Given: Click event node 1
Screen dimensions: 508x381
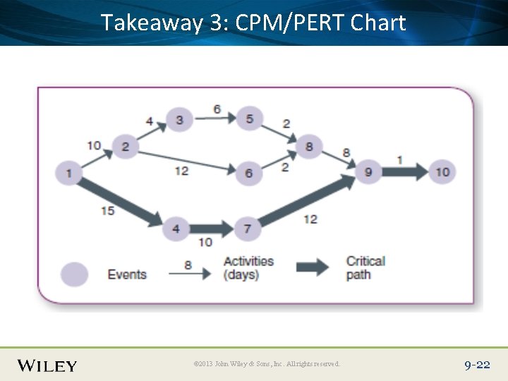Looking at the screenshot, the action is click(69, 171).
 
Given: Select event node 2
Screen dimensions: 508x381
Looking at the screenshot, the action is click(126, 146).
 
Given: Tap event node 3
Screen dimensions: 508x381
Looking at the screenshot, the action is click(179, 120).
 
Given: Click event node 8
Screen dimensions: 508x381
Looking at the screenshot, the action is click(309, 147).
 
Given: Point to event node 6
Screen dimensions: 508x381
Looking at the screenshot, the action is click(248, 173).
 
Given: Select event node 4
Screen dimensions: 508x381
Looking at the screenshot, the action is click(176, 229).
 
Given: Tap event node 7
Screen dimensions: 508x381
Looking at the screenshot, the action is click(248, 229).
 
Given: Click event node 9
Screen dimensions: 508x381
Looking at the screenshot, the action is click(368, 171).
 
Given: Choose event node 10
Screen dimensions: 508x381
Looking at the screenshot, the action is click(442, 171).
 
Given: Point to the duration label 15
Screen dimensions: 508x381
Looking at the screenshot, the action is click(107, 210).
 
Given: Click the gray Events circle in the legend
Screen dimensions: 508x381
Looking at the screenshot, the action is click(74, 274).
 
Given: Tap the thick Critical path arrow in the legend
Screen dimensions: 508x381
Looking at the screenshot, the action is click(311, 267).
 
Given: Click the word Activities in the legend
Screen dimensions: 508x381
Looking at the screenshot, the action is click(248, 261).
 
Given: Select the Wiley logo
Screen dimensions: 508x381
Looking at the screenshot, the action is click(47, 365).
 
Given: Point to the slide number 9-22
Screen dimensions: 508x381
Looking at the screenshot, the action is click(477, 365).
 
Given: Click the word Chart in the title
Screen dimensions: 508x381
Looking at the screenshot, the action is click(378, 23).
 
